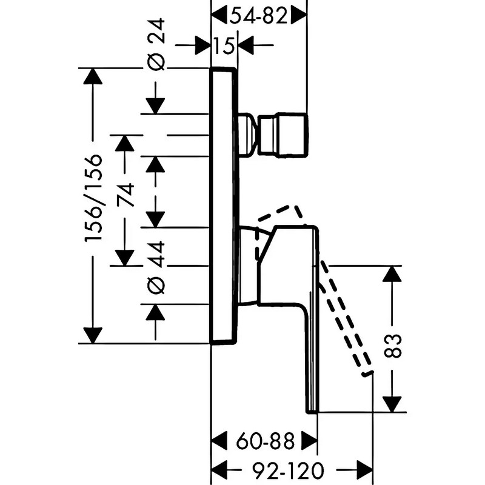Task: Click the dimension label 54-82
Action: [259, 16]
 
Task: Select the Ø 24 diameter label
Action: [156, 44]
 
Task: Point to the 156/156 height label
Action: [93, 198]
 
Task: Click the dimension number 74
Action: [125, 195]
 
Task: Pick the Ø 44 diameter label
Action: [156, 268]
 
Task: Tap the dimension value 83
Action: [392, 346]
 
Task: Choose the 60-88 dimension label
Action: [266, 441]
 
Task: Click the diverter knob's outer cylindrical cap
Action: [283, 135]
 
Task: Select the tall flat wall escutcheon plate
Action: [224, 206]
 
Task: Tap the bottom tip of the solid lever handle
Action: [312, 411]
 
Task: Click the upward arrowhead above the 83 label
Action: [392, 274]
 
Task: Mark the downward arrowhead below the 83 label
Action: [392, 404]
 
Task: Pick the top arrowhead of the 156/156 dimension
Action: [93, 76]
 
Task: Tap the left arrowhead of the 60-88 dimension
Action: [219, 441]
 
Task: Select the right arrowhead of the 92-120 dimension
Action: [365, 470]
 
